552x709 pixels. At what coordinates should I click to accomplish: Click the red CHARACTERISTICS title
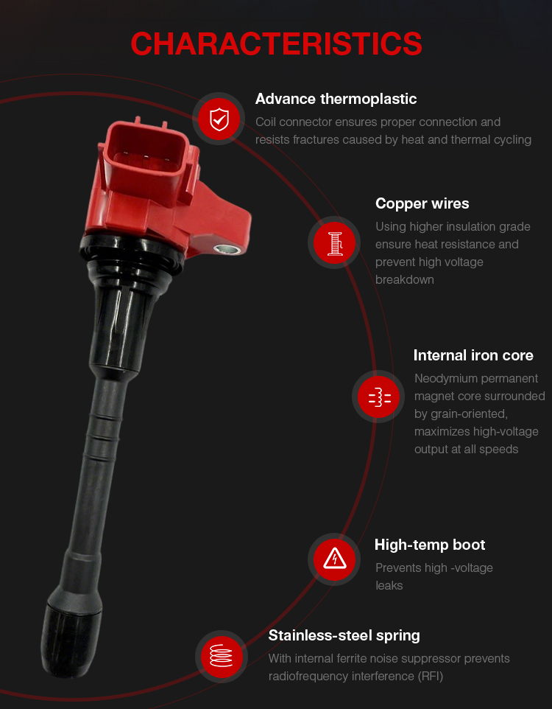tap(276, 44)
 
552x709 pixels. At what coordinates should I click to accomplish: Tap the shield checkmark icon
tap(219, 119)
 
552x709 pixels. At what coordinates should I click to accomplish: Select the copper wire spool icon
tap(334, 242)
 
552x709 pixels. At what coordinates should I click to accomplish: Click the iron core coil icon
tap(378, 397)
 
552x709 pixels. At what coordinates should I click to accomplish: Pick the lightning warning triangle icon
tap(334, 559)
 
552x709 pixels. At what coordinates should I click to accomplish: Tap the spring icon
tap(222, 657)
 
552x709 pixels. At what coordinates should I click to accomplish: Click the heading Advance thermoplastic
tap(336, 99)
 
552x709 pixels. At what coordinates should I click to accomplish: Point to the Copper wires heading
tap(422, 203)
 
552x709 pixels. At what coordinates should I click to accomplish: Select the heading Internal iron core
tap(473, 355)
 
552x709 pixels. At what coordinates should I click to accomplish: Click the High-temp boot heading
tap(430, 545)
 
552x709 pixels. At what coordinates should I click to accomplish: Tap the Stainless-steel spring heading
tap(344, 636)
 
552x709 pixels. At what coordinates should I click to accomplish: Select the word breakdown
tap(404, 280)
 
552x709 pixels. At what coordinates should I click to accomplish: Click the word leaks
tap(389, 586)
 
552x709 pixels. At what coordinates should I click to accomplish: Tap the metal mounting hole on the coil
tap(227, 248)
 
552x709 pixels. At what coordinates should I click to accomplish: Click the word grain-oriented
tap(461, 413)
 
